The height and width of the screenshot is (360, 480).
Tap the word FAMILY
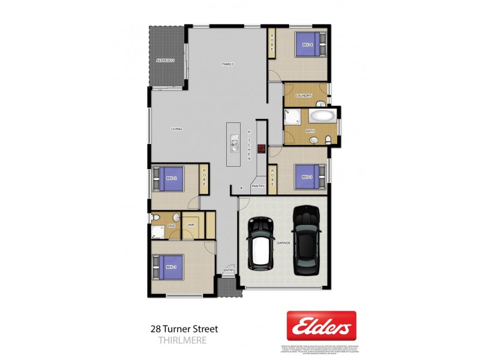click(227, 64)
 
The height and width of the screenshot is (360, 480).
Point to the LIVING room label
click(176, 129)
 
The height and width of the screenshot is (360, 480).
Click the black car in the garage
click(306, 241)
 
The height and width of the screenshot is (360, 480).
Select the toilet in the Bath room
click(328, 140)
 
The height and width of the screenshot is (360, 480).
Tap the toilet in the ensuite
click(175, 218)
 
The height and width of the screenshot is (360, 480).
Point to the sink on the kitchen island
click(234, 144)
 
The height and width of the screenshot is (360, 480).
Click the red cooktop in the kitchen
click(262, 149)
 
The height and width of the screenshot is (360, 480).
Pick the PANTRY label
click(258, 187)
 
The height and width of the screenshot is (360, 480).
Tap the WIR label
click(191, 226)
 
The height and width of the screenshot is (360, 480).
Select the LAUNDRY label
click(305, 95)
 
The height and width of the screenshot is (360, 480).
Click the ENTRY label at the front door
click(229, 271)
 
